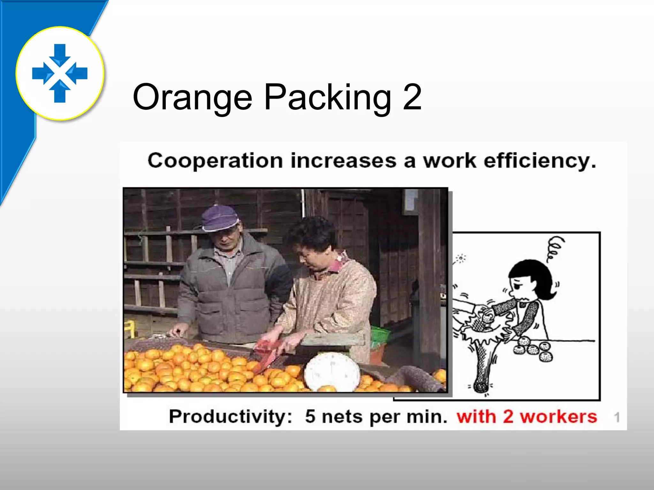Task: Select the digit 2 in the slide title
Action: click(412, 97)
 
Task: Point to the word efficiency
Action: click(540, 161)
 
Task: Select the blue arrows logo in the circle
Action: click(60, 73)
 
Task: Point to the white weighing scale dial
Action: click(332, 372)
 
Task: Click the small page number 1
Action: click(617, 417)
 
